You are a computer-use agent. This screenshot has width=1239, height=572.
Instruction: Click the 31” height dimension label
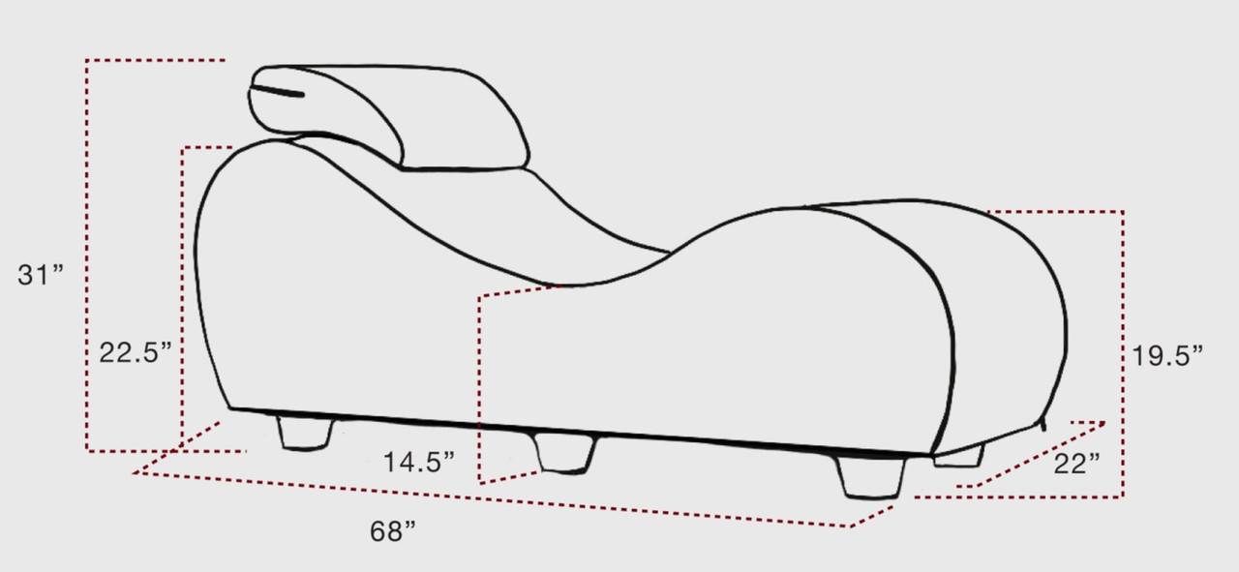click(41, 274)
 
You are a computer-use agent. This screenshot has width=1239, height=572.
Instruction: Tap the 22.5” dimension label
click(136, 352)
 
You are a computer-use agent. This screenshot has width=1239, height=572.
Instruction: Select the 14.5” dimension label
click(419, 462)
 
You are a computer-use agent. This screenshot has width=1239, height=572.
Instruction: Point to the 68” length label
click(393, 531)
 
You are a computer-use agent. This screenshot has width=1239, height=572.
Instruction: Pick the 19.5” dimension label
click(1167, 355)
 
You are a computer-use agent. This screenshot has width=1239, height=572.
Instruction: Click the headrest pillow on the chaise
click(388, 117)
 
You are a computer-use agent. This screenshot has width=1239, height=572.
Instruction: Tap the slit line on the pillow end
click(277, 92)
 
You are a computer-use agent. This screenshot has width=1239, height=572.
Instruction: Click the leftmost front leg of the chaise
click(306, 434)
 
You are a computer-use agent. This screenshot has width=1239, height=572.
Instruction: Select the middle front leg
click(564, 453)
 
